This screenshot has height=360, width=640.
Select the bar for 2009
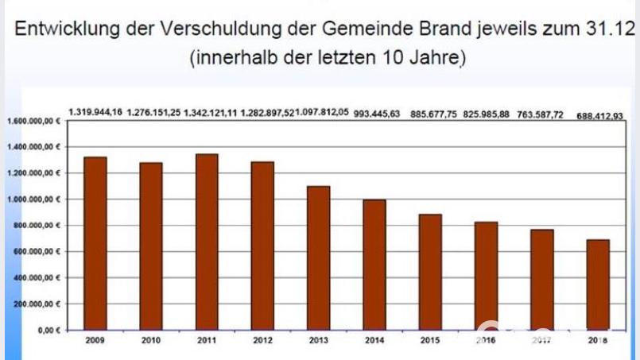coord(95,243)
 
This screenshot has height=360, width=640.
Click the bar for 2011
coord(207,242)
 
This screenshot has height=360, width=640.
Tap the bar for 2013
coord(318,257)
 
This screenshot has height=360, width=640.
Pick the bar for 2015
coord(430,272)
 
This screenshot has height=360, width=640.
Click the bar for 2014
coord(374,265)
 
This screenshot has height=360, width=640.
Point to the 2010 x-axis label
coord(150,339)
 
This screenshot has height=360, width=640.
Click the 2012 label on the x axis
coord(262,339)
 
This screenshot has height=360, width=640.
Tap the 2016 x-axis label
coord(486,339)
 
